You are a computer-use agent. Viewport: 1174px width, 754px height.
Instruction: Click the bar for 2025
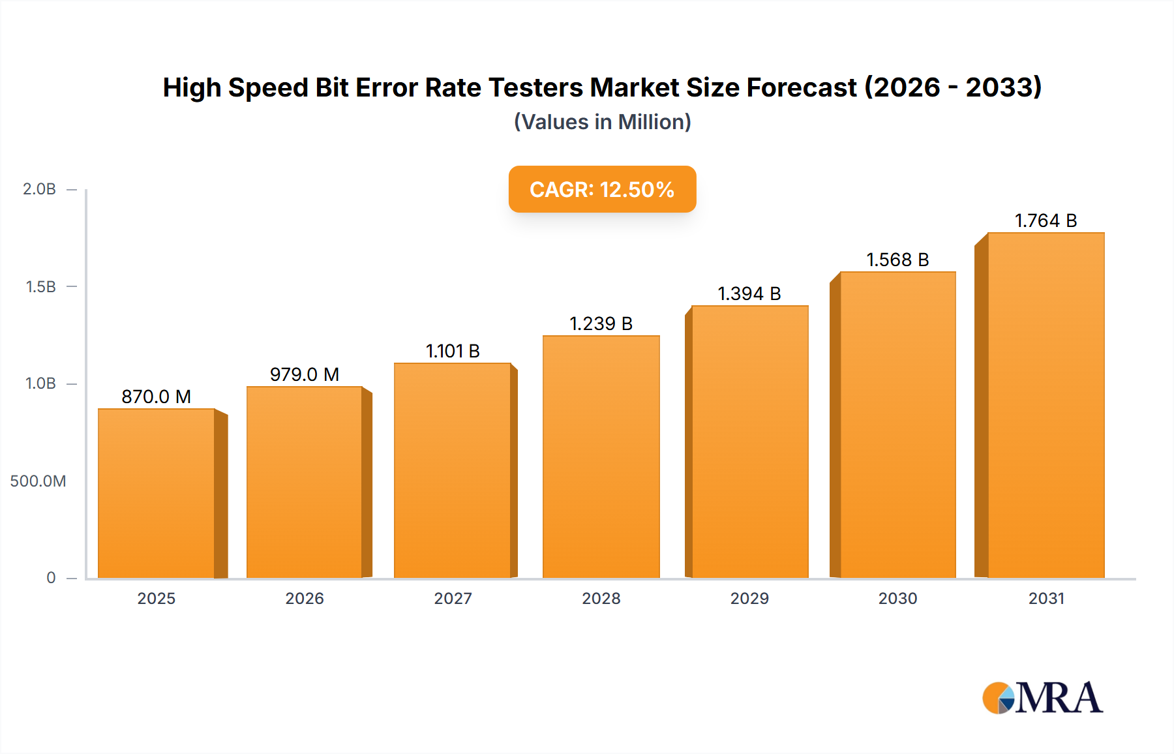coord(157,493)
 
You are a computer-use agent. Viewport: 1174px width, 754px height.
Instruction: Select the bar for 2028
coord(601,457)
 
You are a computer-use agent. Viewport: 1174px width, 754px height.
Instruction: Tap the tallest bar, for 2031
coord(1046,405)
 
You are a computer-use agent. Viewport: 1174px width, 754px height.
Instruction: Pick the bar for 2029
coord(749,442)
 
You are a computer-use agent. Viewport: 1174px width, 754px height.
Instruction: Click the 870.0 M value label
coord(157,397)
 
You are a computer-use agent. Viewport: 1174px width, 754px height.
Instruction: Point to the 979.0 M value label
coord(305,374)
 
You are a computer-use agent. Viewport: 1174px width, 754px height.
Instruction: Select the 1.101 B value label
coord(453,351)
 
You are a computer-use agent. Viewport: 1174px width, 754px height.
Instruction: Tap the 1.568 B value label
coord(897,260)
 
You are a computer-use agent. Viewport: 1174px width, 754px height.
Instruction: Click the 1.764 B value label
coord(1046,220)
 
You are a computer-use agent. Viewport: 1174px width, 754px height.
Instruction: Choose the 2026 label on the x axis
coord(305,598)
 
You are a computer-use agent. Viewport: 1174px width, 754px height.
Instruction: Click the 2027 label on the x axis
coord(453,598)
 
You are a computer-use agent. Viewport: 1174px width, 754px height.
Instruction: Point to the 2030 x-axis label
coord(897,598)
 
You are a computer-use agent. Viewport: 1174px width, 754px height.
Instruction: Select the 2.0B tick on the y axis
coord(40,189)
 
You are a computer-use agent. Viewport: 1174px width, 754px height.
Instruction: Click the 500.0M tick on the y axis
coord(38,481)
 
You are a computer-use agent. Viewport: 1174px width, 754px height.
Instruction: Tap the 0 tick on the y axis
coord(51,577)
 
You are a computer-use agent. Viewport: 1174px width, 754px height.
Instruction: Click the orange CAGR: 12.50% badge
coord(602,189)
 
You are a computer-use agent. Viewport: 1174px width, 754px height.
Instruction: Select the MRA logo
coord(1042,698)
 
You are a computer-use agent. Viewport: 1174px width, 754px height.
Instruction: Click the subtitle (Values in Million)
coord(602,122)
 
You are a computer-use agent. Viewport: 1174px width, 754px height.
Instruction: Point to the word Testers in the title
coord(535,87)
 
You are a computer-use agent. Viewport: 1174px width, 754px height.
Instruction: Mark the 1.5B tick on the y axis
coord(40,286)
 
